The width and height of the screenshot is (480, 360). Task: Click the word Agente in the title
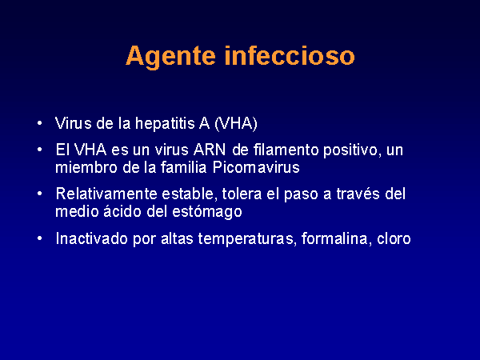(x=171, y=57)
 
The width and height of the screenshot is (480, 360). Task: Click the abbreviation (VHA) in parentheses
(x=236, y=124)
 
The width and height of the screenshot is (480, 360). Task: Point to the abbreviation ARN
(x=210, y=150)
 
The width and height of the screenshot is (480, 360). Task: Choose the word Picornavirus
(x=256, y=168)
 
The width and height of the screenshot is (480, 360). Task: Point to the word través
(x=358, y=194)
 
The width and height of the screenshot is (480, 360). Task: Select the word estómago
(x=207, y=213)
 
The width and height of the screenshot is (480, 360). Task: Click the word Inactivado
(x=91, y=238)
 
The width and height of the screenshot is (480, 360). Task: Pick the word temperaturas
(x=247, y=240)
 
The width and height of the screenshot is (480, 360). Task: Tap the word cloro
(x=394, y=238)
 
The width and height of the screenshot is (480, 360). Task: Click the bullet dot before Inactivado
(x=39, y=238)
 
